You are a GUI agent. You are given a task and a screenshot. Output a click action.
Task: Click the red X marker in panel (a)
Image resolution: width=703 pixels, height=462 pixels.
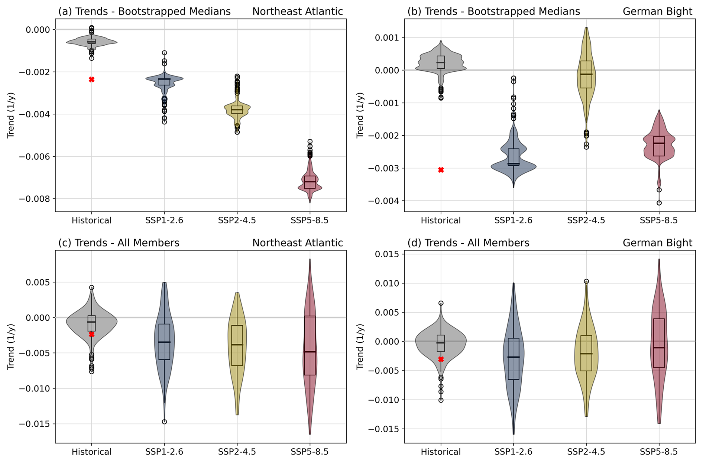click(91, 80)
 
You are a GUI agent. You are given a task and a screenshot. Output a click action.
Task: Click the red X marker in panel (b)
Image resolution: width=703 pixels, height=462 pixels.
click(441, 170)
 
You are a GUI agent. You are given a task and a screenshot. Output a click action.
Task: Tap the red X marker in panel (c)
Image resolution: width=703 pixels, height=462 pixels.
click(91, 335)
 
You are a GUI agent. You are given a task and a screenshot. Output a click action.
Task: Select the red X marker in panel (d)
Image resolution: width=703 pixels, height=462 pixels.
click(441, 359)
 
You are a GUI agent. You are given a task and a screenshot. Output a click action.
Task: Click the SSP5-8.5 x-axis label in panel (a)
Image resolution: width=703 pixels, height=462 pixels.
click(310, 220)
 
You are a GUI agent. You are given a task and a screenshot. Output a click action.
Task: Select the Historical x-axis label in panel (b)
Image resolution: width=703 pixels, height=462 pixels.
click(441, 220)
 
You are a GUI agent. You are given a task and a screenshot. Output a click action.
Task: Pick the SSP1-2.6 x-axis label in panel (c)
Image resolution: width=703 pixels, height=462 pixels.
click(164, 452)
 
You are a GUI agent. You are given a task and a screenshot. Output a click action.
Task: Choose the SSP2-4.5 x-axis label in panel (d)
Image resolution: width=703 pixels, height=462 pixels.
click(586, 452)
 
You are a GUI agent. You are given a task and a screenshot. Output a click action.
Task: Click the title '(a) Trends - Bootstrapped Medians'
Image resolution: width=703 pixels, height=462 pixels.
click(144, 12)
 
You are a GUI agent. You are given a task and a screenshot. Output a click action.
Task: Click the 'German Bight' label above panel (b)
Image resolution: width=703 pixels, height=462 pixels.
click(657, 12)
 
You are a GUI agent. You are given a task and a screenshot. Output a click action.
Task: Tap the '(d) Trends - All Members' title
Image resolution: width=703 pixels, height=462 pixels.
click(468, 243)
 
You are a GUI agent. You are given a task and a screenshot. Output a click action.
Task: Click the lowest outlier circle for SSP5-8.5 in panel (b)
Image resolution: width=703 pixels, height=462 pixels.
click(659, 203)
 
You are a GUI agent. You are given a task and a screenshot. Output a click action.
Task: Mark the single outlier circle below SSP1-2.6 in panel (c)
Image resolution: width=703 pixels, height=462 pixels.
click(164, 422)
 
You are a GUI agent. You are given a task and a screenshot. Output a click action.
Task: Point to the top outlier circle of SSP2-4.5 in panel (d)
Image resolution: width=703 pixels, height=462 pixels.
click(586, 281)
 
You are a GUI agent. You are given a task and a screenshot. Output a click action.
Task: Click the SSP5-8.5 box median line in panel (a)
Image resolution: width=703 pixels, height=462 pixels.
click(310, 181)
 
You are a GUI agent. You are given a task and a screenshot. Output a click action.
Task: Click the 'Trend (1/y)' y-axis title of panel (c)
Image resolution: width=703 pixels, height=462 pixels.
click(11, 346)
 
